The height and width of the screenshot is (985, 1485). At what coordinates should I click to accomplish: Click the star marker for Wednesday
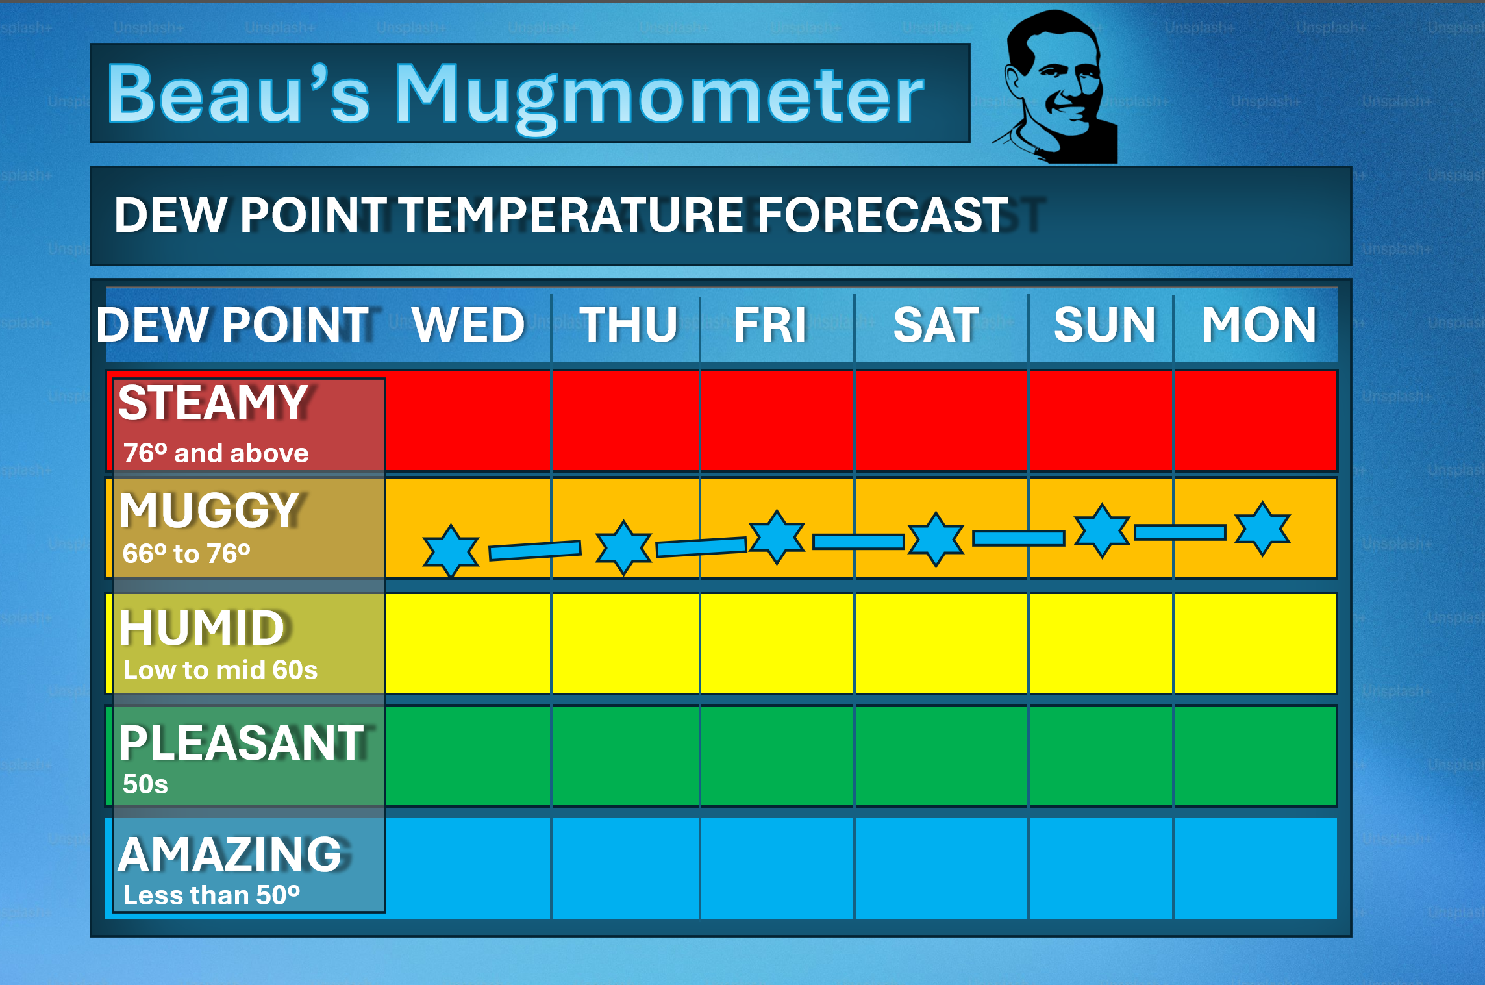[451, 551]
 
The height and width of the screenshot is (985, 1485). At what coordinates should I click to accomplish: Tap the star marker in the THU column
[623, 547]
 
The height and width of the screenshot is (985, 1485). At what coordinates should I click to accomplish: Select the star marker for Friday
[777, 537]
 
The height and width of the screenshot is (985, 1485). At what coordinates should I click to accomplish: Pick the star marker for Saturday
[936, 539]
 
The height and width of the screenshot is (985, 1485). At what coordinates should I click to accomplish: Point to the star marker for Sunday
[1102, 530]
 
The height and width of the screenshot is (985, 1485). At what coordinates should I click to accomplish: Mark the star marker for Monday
[1262, 529]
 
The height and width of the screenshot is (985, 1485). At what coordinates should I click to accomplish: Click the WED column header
[468, 324]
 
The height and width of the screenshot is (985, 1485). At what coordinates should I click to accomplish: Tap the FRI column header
[770, 324]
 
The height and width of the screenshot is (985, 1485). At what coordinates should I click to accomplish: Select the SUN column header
[1104, 324]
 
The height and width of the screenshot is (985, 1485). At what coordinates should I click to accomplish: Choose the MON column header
[1258, 324]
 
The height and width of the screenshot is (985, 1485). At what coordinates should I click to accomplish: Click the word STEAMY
[213, 403]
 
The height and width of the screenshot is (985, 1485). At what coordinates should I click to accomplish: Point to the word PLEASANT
[242, 742]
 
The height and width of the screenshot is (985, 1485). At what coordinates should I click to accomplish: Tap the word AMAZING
[230, 854]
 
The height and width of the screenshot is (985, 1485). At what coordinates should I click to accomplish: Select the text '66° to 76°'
[186, 554]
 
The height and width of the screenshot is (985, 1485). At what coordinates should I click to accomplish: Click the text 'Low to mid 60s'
[220, 670]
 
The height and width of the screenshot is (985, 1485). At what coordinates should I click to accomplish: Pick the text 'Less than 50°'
[212, 895]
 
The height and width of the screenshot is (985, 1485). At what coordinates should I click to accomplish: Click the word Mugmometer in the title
[659, 96]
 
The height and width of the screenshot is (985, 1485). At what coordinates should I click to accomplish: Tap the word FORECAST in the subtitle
[883, 215]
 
